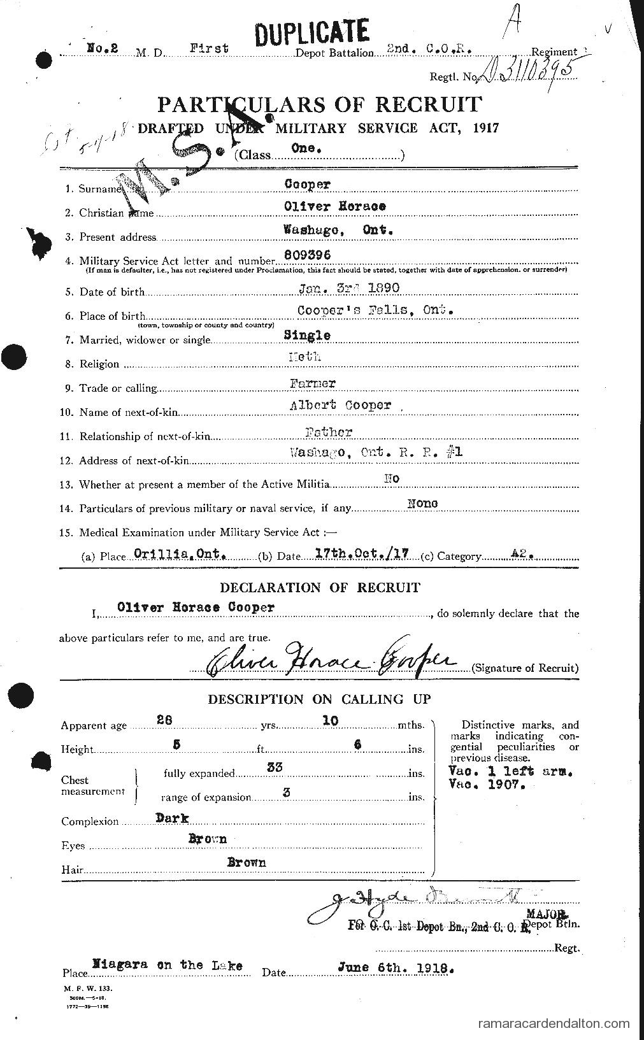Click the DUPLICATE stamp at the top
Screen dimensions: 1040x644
311,31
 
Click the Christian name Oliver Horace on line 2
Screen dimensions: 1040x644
334,206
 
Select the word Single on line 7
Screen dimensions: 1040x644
308,335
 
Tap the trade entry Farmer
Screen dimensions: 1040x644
312,383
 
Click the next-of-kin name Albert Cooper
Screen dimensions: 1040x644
350,406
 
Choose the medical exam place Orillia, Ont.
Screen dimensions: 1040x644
180,554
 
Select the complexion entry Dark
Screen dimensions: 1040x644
173,818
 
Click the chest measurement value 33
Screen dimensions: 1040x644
275,769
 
